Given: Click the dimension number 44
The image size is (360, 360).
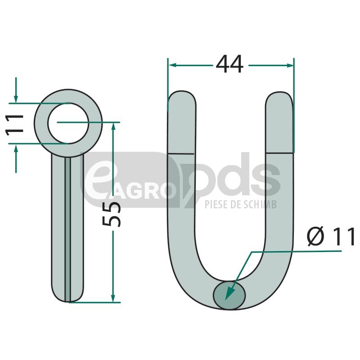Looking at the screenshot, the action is click(229, 64).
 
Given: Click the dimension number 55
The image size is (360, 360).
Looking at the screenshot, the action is click(111, 214).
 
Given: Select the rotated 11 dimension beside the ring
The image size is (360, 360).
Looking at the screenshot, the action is click(15, 125).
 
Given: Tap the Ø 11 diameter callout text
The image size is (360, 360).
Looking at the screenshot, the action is click(331, 236).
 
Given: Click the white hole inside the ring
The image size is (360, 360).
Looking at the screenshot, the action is click(68, 123).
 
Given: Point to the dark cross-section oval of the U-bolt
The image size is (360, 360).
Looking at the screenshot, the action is click(229, 295).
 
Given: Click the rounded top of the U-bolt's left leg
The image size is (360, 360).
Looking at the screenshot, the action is click(182, 96).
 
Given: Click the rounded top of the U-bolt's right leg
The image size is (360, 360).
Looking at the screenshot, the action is click(279, 97).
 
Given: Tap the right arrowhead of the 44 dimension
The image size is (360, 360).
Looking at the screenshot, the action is click(290, 65).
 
